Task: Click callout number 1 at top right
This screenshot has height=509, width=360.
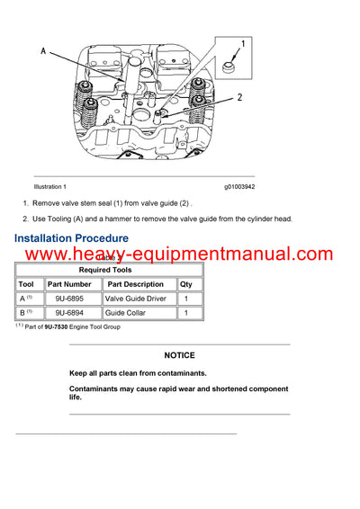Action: pos(244,42)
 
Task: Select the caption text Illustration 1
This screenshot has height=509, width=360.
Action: pos(49,186)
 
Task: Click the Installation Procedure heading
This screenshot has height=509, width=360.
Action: pos(71,238)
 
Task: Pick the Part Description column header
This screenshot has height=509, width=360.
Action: pos(136,284)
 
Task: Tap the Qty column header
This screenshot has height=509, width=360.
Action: pos(185,284)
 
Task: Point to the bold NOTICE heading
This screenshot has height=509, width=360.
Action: pos(179,355)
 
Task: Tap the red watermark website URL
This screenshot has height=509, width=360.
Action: pos(180,254)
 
